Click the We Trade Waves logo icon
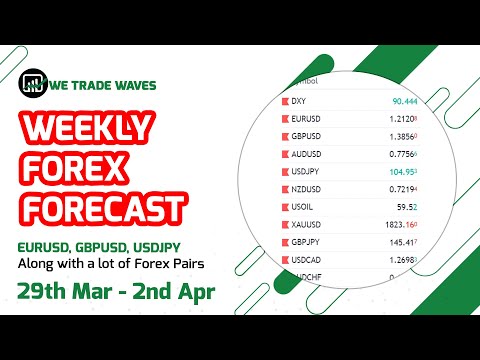(x=35, y=84)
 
